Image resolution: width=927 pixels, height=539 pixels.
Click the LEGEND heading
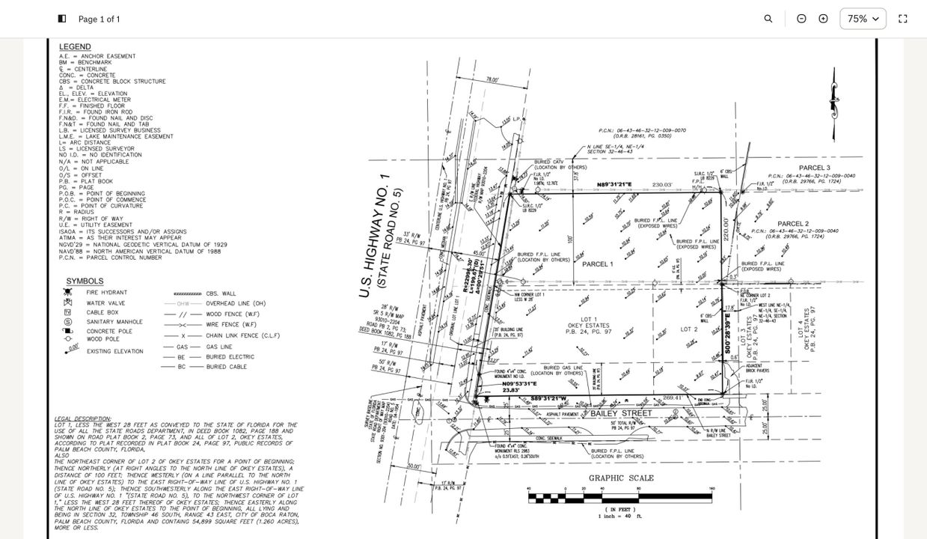pyautogui.click(x=75, y=47)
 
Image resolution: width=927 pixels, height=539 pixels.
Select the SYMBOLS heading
pyautogui.click(x=85, y=281)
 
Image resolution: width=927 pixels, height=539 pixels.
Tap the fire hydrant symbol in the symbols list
pyautogui.click(x=68, y=292)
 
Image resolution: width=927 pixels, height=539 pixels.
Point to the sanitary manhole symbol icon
pyautogui.click(x=68, y=322)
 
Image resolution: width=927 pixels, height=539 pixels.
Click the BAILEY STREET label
pyautogui.click(x=621, y=413)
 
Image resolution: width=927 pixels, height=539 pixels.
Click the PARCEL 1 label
pyautogui.click(x=597, y=264)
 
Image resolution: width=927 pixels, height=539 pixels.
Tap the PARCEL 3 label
pyautogui.click(x=814, y=168)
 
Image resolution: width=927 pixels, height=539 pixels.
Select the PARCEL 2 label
pyautogui.click(x=792, y=224)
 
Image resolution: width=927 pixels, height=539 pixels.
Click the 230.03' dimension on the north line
pyautogui.click(x=662, y=185)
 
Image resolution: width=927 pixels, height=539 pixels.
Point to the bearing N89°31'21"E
pyautogui.click(x=614, y=185)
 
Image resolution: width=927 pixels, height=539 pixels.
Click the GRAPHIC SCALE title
pyautogui.click(x=621, y=478)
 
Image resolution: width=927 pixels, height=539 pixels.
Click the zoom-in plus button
pyautogui.click(x=823, y=19)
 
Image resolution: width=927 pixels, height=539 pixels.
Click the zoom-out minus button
pyautogui.click(x=801, y=19)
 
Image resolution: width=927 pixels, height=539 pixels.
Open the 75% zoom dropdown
pyautogui.click(x=863, y=19)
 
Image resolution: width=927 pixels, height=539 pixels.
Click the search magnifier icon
pyautogui.click(x=768, y=19)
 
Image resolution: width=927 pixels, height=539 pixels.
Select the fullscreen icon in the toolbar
pyautogui.click(x=902, y=19)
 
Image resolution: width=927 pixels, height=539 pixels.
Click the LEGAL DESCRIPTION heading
pyautogui.click(x=82, y=418)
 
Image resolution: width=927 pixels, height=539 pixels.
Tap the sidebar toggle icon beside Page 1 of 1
pyautogui.click(x=62, y=19)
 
